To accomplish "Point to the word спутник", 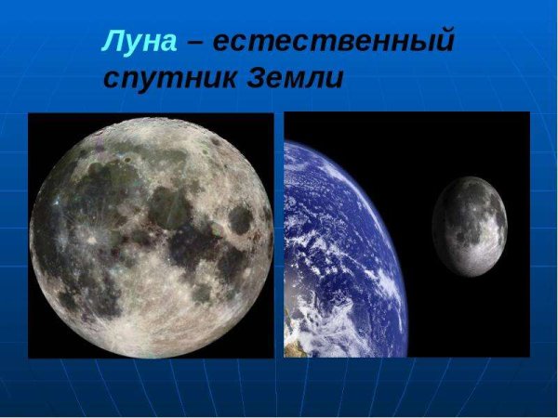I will [169, 77].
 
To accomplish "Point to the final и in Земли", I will [335, 78].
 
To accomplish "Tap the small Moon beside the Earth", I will [470, 225].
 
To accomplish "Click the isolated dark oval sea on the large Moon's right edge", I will [241, 219].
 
